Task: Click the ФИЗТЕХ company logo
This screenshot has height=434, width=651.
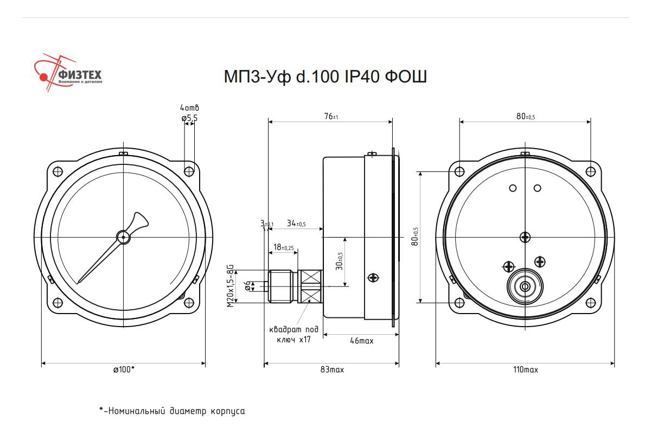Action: click(x=68, y=73)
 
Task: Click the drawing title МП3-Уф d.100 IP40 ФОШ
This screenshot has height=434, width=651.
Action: click(x=325, y=76)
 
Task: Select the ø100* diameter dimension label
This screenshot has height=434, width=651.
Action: click(x=124, y=369)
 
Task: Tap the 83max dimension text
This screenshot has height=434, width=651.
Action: click(x=332, y=369)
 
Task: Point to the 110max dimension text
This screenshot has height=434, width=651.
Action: click(x=525, y=369)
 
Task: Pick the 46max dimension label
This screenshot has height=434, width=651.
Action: click(x=361, y=341)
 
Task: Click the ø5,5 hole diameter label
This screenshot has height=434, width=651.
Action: click(x=189, y=118)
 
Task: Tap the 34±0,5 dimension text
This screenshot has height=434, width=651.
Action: click(x=296, y=224)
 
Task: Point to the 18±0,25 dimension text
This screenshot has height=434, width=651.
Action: click(x=284, y=247)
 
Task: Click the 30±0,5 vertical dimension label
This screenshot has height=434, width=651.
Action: click(x=340, y=261)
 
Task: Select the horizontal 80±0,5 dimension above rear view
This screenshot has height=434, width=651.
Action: click(x=525, y=116)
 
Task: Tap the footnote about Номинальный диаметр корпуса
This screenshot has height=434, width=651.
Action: click(x=172, y=411)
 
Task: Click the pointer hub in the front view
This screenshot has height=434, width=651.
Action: click(x=124, y=237)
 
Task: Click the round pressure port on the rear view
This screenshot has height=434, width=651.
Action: click(x=525, y=286)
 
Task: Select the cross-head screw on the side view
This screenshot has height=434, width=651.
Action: click(x=373, y=278)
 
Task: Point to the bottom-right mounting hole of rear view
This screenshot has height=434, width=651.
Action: click(x=591, y=302)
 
